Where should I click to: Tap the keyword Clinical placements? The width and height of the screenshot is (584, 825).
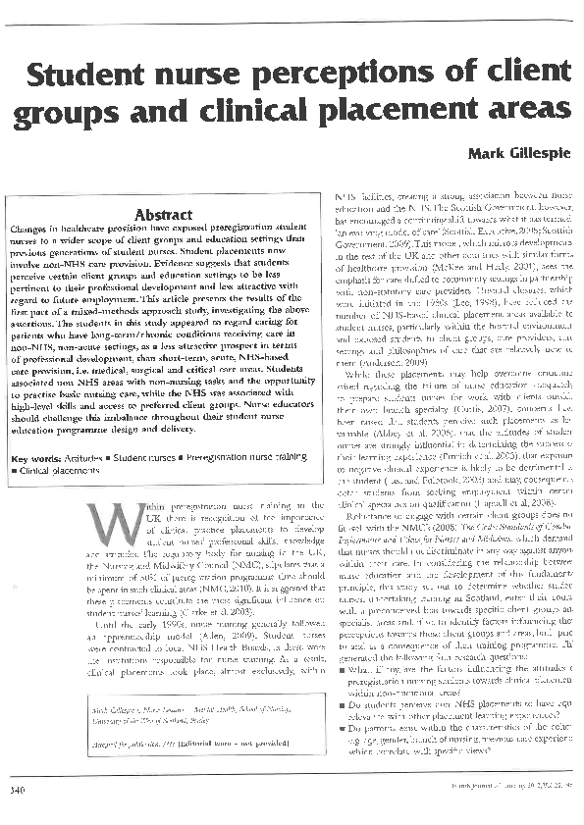[58, 471]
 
